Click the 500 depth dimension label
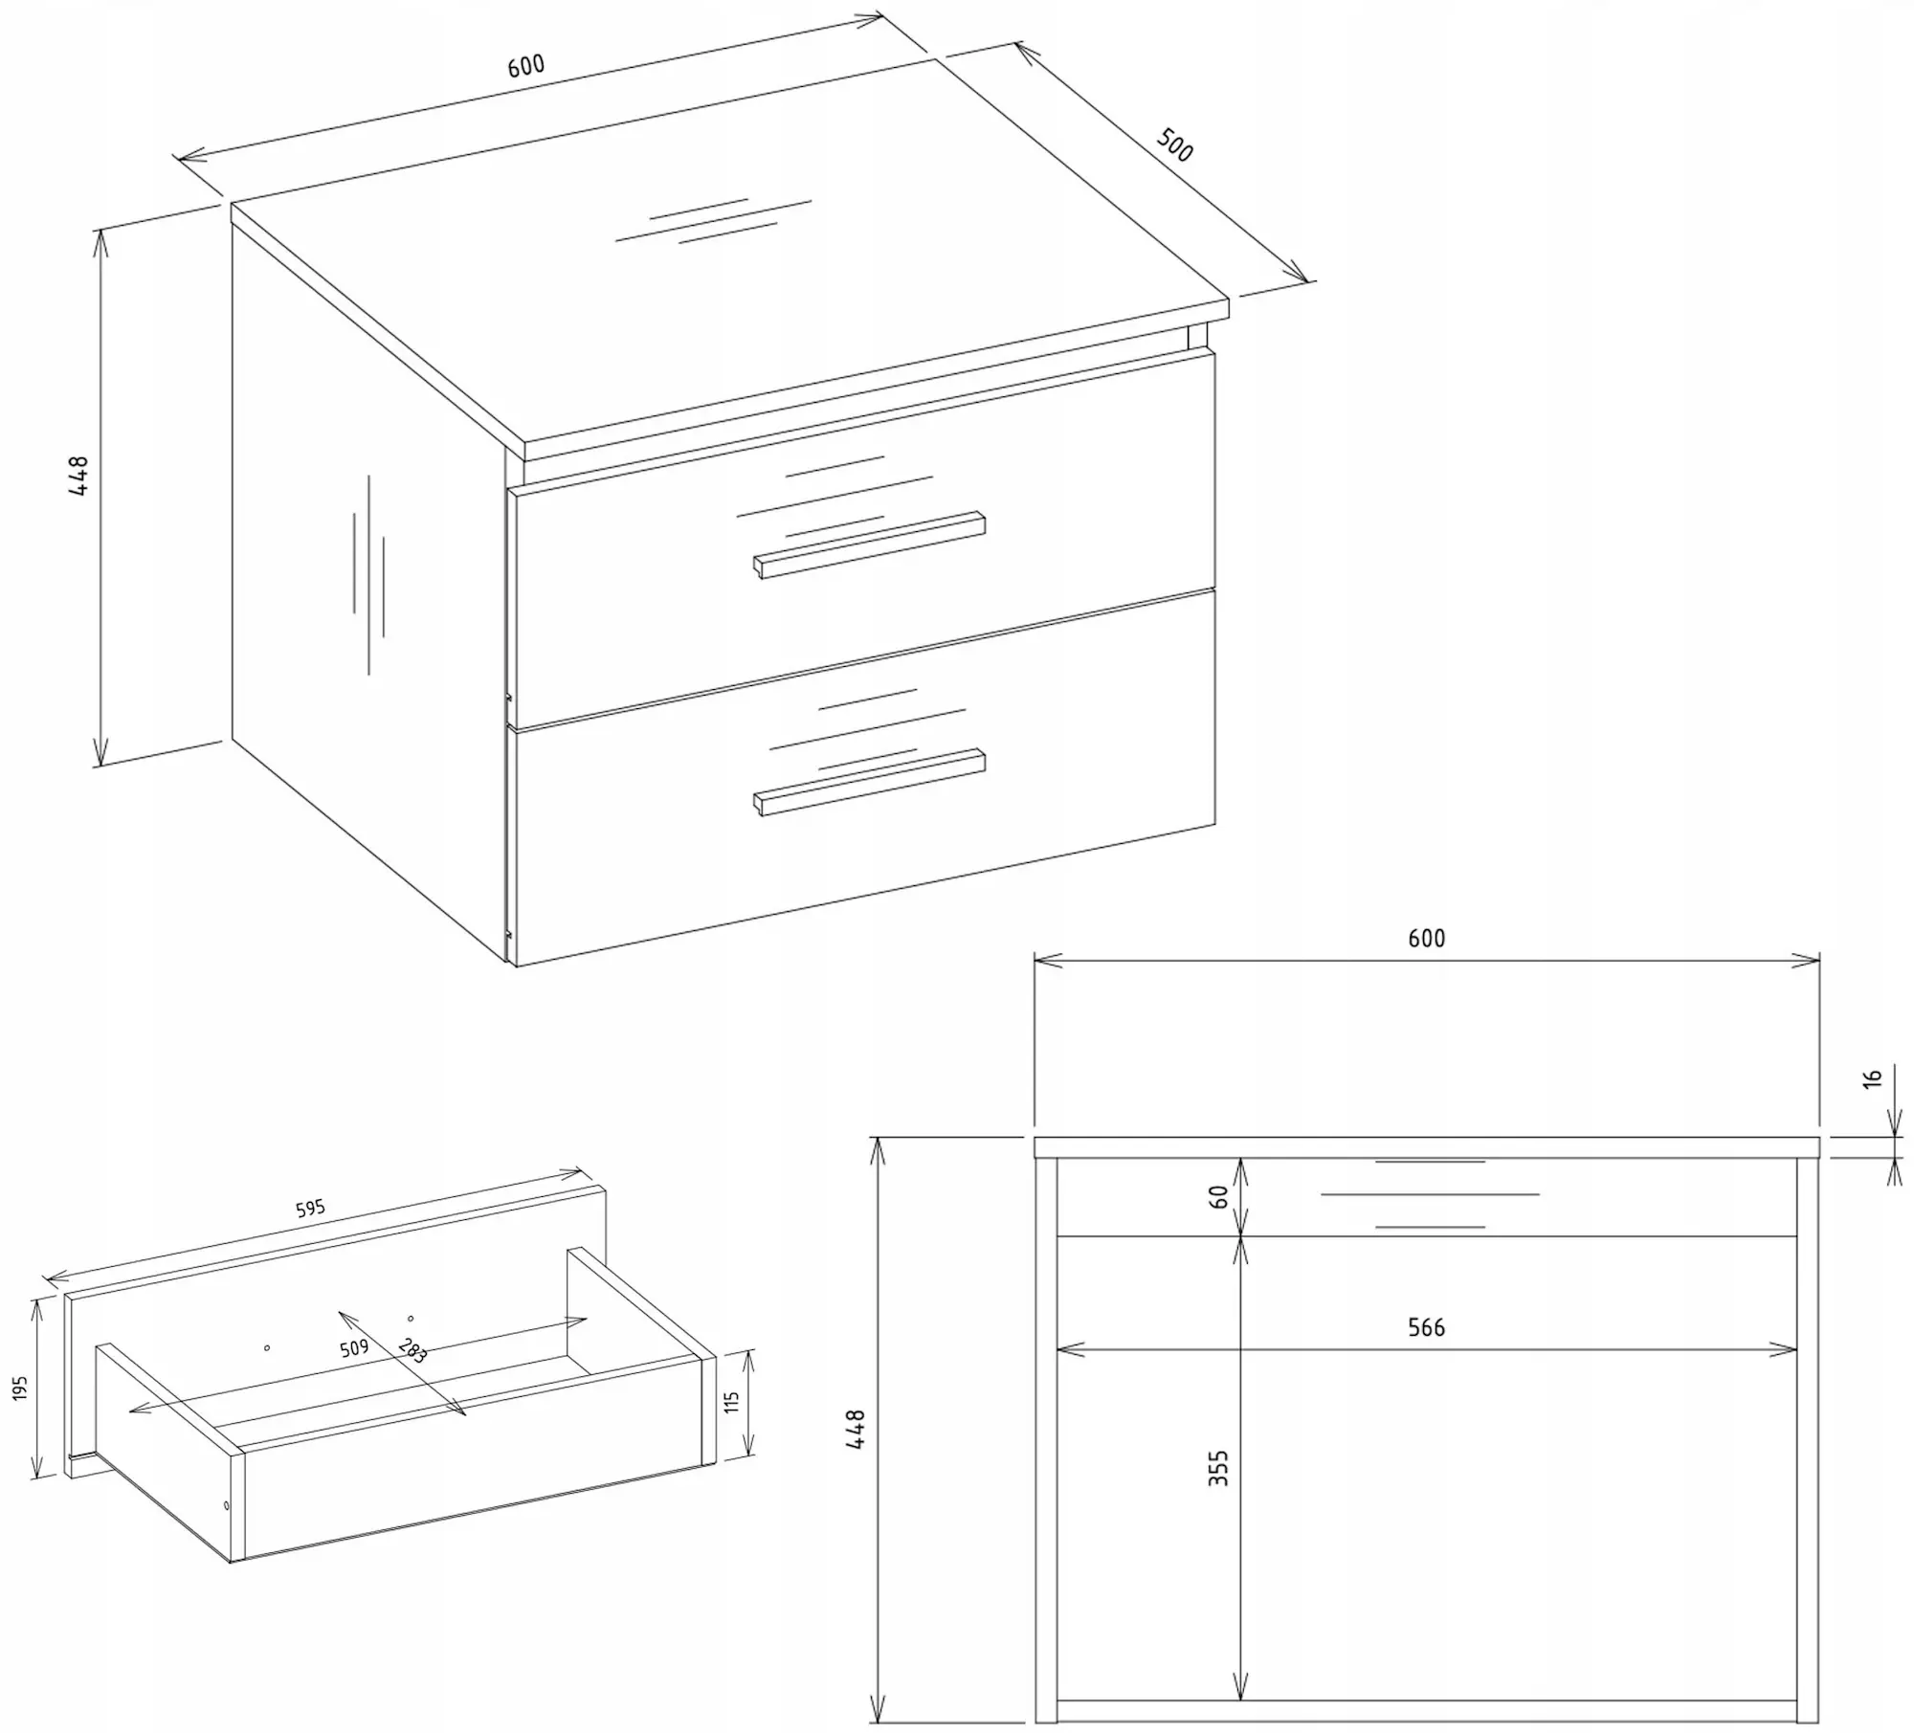point(1175,144)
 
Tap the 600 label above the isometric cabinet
point(525,65)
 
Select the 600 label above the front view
point(1426,938)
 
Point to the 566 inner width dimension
point(1426,1327)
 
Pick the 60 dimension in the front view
point(1218,1196)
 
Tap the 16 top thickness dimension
point(1873,1077)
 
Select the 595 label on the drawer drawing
point(310,1209)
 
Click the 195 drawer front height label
point(21,1389)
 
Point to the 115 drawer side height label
point(732,1403)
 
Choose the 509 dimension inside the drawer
point(354,1349)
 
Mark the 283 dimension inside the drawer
point(412,1349)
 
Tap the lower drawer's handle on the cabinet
point(869,782)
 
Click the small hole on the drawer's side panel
point(226,1506)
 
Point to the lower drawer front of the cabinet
point(865,777)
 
